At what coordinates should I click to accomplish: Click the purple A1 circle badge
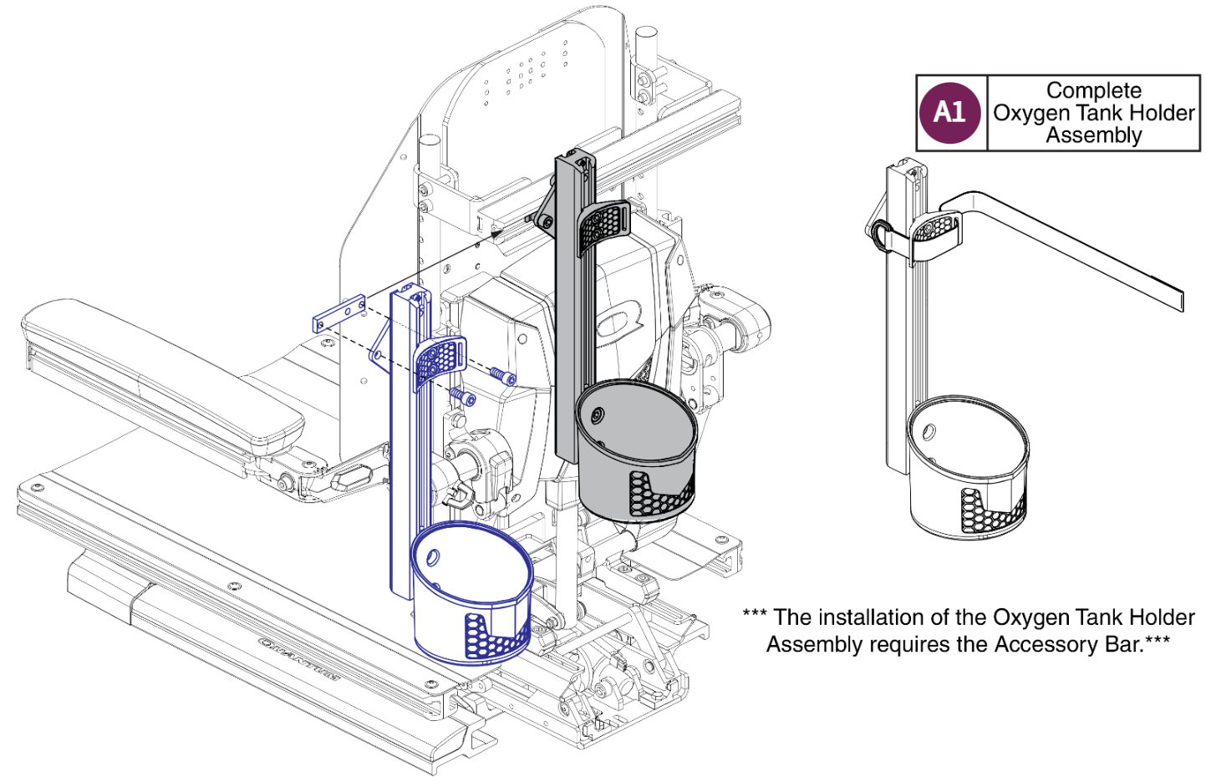click(949, 113)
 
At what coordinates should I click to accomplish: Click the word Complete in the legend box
click(1093, 90)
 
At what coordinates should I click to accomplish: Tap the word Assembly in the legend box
click(1093, 135)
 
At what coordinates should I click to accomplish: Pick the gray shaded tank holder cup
click(635, 451)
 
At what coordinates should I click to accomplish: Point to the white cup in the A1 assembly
click(967, 468)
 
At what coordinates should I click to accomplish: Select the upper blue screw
click(502, 375)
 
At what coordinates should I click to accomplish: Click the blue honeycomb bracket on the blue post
click(440, 360)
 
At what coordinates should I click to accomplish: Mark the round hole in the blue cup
click(434, 556)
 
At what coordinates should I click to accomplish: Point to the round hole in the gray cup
click(597, 416)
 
